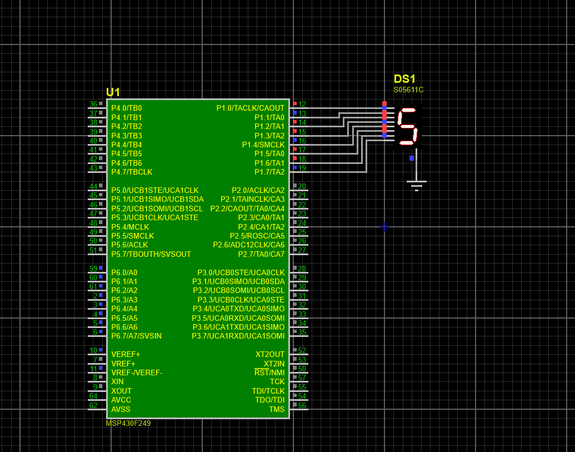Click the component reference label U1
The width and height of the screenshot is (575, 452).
[x=113, y=92]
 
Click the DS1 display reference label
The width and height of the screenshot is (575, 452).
[x=404, y=79]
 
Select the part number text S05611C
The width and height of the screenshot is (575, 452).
[x=408, y=90]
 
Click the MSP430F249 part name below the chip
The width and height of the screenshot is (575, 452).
[x=128, y=423]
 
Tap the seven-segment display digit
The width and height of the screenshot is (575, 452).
[x=407, y=127]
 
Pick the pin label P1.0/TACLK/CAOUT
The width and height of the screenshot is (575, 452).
[x=250, y=108]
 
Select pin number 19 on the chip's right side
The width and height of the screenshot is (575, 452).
[x=302, y=168]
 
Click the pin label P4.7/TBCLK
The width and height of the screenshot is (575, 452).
[x=132, y=172]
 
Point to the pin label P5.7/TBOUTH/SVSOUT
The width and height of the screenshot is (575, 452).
[x=151, y=254]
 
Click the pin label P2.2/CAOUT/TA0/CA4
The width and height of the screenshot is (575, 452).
[x=247, y=208]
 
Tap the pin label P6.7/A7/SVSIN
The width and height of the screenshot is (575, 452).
[x=136, y=336]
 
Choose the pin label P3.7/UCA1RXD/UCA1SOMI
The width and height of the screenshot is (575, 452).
[x=238, y=336]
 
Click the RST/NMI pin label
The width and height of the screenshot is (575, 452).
[x=269, y=372]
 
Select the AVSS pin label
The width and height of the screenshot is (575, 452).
[x=121, y=409]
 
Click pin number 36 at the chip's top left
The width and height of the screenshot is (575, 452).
[x=93, y=104]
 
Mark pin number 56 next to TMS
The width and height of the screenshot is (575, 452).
[x=302, y=405]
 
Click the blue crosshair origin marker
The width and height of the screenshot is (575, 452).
[x=384, y=227]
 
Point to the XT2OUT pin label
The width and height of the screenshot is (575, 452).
[x=270, y=354]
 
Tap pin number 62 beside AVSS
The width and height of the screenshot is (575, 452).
[x=93, y=405]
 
